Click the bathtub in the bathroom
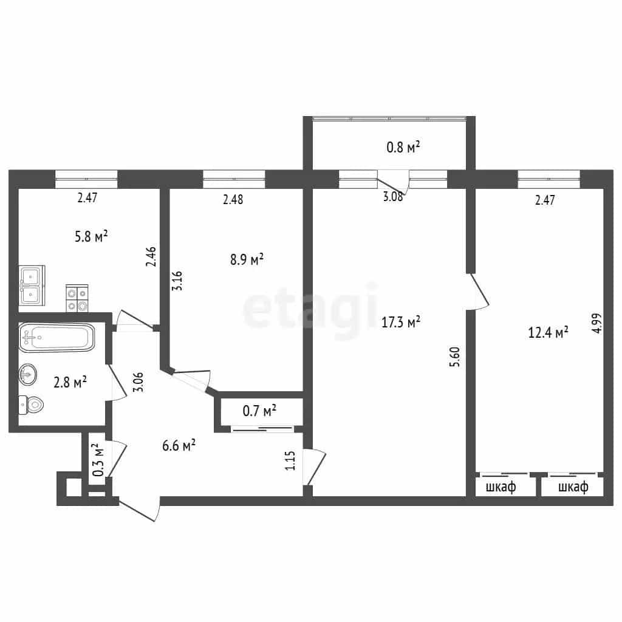click(56, 337)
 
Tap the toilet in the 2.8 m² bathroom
click(31, 405)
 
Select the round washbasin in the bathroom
click(28, 374)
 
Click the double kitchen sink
click(32, 285)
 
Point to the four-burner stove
click(77, 298)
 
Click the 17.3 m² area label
click(401, 322)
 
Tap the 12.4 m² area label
click(549, 332)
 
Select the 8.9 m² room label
click(247, 259)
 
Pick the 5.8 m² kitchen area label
click(91, 236)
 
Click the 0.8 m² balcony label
click(403, 147)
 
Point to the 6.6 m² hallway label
click(179, 445)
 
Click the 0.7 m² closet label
click(259, 411)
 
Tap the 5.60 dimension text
click(455, 357)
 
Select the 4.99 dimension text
click(596, 323)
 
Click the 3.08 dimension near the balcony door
click(393, 196)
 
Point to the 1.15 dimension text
click(290, 460)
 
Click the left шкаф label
click(501, 487)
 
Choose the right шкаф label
click(573, 487)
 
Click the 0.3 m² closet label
click(98, 460)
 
